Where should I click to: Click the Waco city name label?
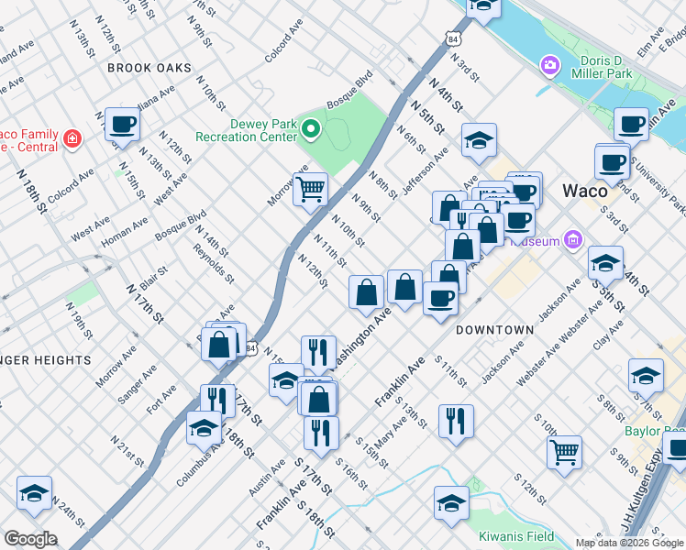584,191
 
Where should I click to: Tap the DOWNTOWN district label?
495,329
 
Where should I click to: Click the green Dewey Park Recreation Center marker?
311,129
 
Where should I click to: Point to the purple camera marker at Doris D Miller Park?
550,64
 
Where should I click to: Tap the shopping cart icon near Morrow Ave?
311,188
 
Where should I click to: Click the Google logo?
30,539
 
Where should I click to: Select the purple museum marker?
574,240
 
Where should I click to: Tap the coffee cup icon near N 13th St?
122,124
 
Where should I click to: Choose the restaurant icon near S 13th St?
456,420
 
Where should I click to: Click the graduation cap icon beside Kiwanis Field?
452,502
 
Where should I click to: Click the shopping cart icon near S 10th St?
564,450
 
